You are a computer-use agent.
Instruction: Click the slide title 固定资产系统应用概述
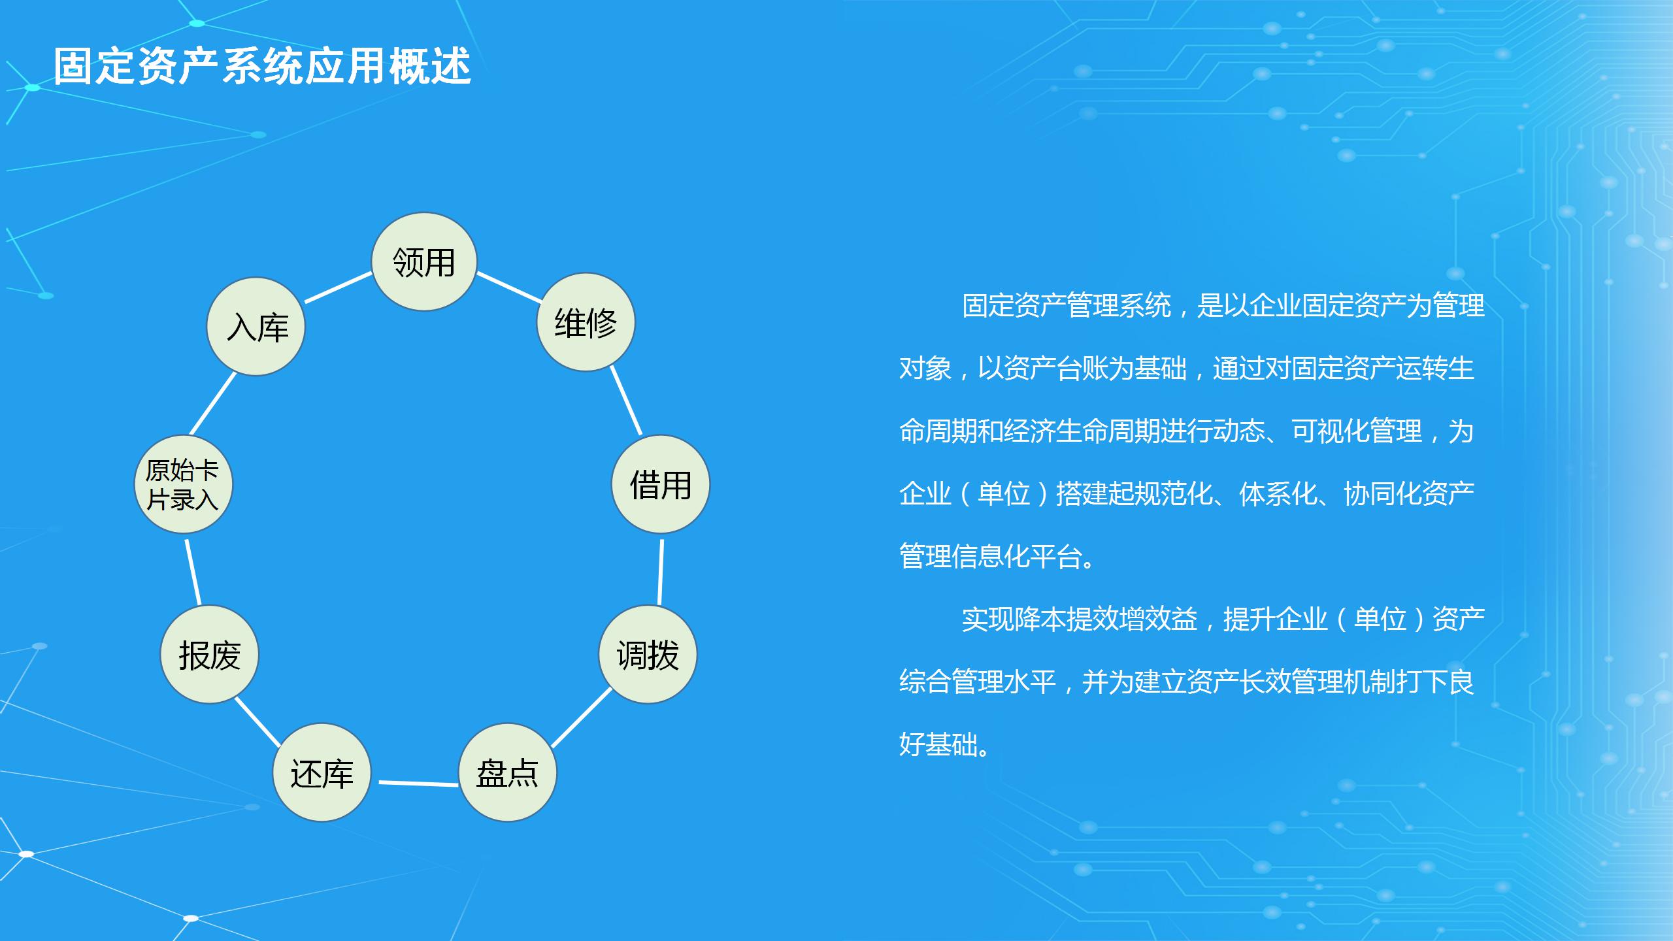click(262, 66)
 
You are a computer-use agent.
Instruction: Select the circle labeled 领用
click(424, 261)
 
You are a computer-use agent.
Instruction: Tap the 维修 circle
click(586, 322)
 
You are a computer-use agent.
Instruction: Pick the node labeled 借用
click(660, 484)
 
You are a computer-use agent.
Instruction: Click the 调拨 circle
click(648, 654)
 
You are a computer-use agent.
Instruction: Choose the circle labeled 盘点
click(508, 772)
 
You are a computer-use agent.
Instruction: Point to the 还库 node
click(322, 772)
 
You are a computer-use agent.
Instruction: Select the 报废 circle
click(210, 654)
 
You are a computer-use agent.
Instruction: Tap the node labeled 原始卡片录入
click(184, 484)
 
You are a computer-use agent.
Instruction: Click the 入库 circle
click(256, 326)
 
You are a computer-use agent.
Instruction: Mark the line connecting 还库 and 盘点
click(418, 783)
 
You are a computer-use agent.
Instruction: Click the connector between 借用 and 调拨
click(661, 572)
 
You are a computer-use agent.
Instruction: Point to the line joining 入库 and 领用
click(339, 288)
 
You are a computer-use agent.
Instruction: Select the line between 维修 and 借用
click(626, 401)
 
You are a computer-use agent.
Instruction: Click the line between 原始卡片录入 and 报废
click(193, 572)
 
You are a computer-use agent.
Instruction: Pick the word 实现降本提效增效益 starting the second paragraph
click(1080, 619)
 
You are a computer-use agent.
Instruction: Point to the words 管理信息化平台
click(991, 557)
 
